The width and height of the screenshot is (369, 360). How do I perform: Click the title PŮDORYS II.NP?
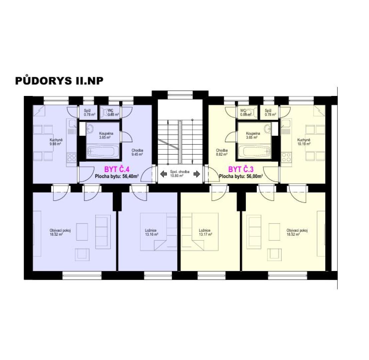59,81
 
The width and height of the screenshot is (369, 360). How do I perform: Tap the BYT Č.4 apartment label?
117,169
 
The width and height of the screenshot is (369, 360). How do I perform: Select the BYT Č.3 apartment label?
241,169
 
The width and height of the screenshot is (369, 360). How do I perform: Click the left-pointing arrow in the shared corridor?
164,174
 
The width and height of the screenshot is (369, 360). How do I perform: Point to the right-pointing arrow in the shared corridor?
197,174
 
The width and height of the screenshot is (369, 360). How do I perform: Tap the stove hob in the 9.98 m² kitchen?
72,157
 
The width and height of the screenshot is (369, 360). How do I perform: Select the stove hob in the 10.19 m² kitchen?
286,157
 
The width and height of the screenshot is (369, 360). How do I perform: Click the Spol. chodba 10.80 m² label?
180,174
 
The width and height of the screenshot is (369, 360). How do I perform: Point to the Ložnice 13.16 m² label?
151,232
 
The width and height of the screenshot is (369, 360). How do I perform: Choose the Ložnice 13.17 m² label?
205,232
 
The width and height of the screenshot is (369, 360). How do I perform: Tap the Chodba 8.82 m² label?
222,152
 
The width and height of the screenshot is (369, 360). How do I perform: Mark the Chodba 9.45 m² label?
137,152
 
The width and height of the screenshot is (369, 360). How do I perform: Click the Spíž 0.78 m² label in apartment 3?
270,112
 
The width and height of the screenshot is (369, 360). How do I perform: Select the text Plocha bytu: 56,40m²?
117,176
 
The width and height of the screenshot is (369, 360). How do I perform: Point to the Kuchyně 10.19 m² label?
304,142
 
